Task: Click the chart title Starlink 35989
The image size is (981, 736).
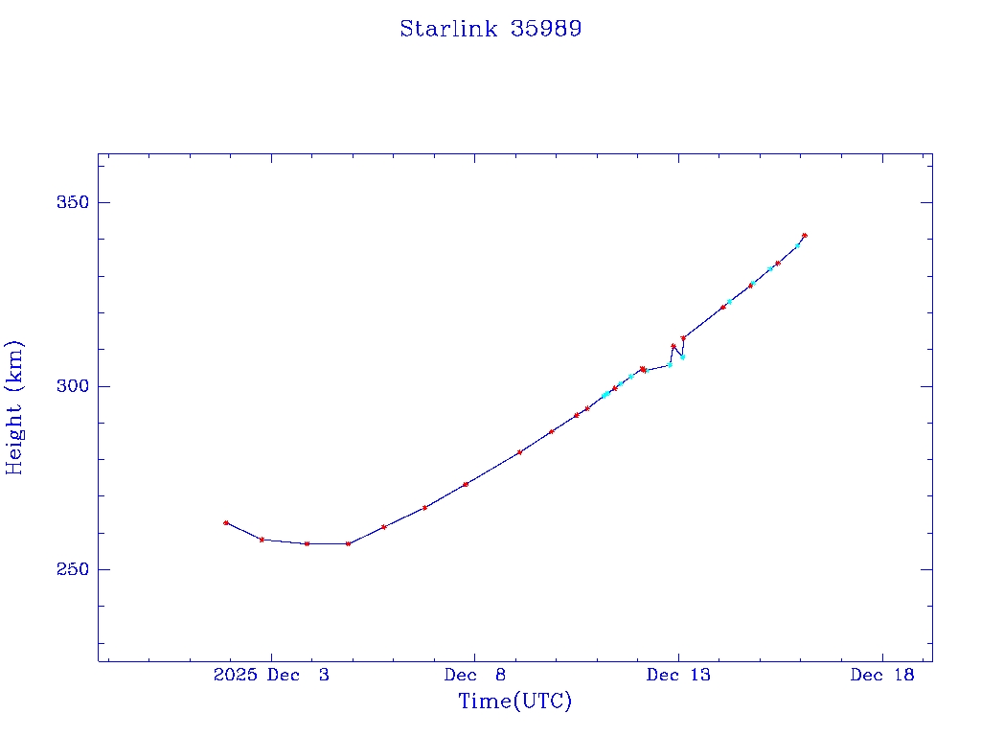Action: click(490, 29)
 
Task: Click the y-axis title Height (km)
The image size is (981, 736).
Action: click(14, 407)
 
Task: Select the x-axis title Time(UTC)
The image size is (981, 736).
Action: click(514, 701)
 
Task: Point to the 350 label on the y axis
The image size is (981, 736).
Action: click(71, 203)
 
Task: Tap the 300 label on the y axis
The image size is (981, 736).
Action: click(71, 386)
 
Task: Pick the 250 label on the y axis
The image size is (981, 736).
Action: click(71, 569)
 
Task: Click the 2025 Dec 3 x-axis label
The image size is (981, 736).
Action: click(271, 676)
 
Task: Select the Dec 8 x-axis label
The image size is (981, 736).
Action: click(475, 676)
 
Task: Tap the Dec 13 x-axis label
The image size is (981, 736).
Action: click(678, 676)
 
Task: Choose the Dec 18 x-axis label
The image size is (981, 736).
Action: click(882, 676)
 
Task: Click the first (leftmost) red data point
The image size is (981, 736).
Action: click(226, 522)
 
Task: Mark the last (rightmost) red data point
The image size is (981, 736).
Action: click(805, 235)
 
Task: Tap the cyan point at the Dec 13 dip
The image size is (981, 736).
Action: click(683, 356)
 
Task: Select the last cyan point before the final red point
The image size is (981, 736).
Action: click(797, 245)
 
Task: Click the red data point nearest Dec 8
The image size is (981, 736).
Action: click(466, 484)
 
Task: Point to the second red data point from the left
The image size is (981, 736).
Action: click(262, 540)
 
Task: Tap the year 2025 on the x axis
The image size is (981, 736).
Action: click(235, 676)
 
